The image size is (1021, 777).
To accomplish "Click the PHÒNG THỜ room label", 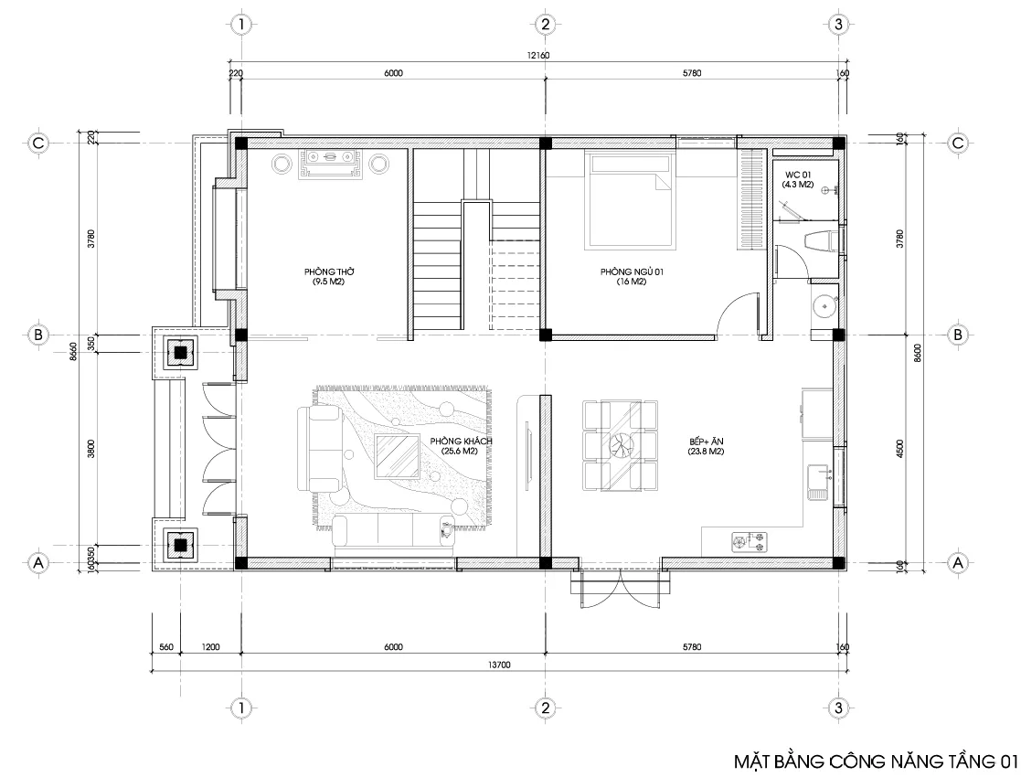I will pos(324,277).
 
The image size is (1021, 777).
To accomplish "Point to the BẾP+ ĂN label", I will pos(707,446).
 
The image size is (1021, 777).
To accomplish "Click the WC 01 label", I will pos(792,179).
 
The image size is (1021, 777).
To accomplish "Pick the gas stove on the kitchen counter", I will pos(747,542).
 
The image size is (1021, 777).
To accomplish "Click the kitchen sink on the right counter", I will pos(817,481).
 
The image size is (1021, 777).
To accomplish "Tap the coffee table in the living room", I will pos(397,456).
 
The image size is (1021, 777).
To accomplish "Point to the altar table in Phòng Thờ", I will pos(333,163).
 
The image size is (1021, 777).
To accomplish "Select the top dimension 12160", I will pos(537,56).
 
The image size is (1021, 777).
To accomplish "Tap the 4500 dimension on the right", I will pos(900,448).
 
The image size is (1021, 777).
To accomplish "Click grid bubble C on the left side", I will pos(38,144).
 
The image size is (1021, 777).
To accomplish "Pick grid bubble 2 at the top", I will pos(545,24).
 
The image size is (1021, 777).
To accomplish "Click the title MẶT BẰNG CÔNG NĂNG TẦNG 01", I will pos(875,761).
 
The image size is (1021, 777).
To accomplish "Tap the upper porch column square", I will pos(181,352).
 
